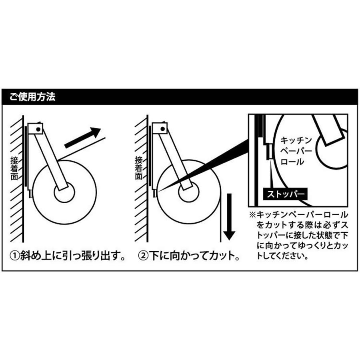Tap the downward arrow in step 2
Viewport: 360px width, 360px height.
228,216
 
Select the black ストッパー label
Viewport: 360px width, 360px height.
285,195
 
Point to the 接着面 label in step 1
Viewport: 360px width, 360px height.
14,168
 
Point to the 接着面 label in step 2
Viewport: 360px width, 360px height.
138,168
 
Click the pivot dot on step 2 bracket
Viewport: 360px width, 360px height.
163,129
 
